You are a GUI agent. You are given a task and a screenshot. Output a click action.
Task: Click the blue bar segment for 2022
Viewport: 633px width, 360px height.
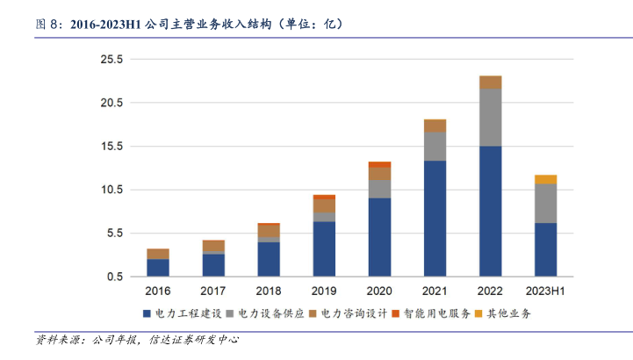click(490, 211)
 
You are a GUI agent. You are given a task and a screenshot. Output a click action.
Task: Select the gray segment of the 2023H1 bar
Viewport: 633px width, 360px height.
click(545, 203)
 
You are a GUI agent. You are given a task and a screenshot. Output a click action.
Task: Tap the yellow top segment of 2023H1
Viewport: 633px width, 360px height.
click(545, 179)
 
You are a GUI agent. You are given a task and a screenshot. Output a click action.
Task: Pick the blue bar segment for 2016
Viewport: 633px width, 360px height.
click(158, 267)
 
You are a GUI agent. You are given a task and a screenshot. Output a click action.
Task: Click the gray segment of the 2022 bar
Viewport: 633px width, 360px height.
click(490, 118)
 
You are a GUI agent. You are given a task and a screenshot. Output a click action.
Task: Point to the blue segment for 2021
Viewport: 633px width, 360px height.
click(435, 218)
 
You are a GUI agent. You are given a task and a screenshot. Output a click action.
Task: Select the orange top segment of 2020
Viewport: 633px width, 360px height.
click(379, 164)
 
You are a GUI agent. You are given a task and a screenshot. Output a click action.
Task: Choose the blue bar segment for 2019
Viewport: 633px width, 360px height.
click(324, 248)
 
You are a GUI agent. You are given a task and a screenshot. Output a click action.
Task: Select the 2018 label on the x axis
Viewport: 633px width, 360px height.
click(269, 291)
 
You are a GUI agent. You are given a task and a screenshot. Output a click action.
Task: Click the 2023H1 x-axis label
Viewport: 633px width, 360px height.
click(545, 291)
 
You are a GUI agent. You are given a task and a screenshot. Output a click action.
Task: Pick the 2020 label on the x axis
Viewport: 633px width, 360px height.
click(379, 291)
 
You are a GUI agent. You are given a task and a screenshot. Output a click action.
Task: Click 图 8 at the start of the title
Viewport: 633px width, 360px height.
click(46, 24)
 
